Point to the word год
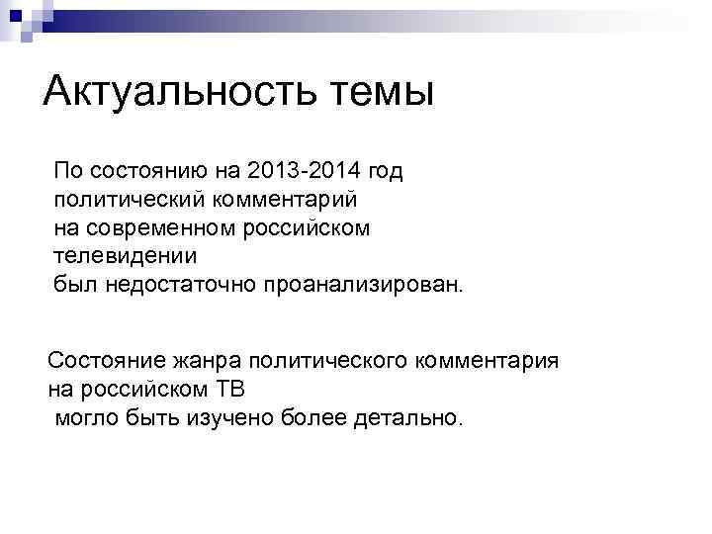coord(382,172)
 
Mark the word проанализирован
coord(362,286)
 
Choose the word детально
coord(405,416)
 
